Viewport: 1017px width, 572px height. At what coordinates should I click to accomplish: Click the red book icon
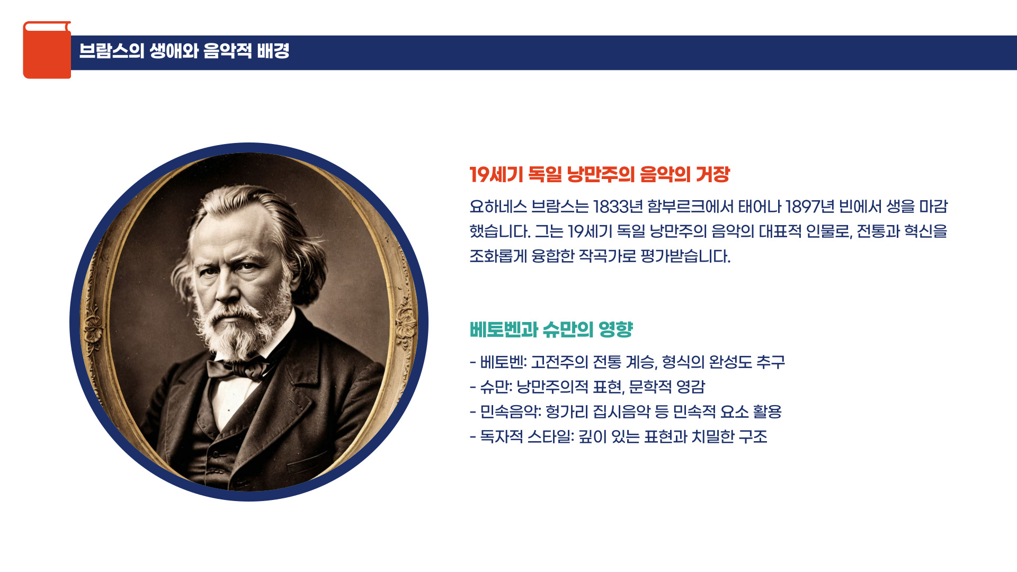pyautogui.click(x=47, y=50)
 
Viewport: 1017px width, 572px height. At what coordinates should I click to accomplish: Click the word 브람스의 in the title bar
pyautogui.click(x=111, y=51)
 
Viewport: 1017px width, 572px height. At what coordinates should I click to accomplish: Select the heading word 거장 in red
pyautogui.click(x=712, y=174)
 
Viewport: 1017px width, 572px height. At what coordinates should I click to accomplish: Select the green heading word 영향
pyautogui.click(x=615, y=329)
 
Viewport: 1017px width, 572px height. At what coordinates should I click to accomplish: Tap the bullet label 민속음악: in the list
pyautogui.click(x=510, y=412)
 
